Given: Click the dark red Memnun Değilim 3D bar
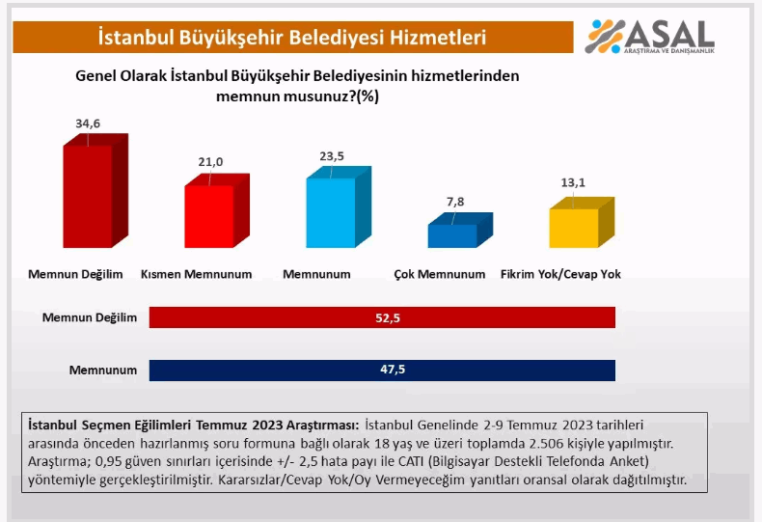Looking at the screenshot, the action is pos(95,190).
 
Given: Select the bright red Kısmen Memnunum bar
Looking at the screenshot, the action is pos(217,210).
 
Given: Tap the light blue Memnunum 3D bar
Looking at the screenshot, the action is pos(339,207).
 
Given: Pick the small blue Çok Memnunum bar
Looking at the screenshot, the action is pos(460,230).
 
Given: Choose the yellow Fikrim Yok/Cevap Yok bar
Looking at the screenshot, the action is pos(582,223).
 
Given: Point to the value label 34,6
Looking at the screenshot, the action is pos(88,124).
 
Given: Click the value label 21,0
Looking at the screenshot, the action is pos(210,162).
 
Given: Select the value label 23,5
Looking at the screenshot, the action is pos(332,156).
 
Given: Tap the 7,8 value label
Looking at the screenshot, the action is pos(455,202).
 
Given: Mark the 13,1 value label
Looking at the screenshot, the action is pos(573,182).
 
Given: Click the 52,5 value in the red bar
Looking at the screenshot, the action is pos(388,317).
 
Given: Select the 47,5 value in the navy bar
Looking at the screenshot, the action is pos(393,370).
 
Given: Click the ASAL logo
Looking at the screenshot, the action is pos(650,37).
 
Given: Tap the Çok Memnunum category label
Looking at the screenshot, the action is pos(440,274).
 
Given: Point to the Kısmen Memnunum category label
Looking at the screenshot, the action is pos(197,274).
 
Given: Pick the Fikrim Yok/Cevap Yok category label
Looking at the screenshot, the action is pos(560,274).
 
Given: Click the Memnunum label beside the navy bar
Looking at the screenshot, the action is pos(103,370).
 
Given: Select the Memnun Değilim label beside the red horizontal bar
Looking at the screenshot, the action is pos(90,317).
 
